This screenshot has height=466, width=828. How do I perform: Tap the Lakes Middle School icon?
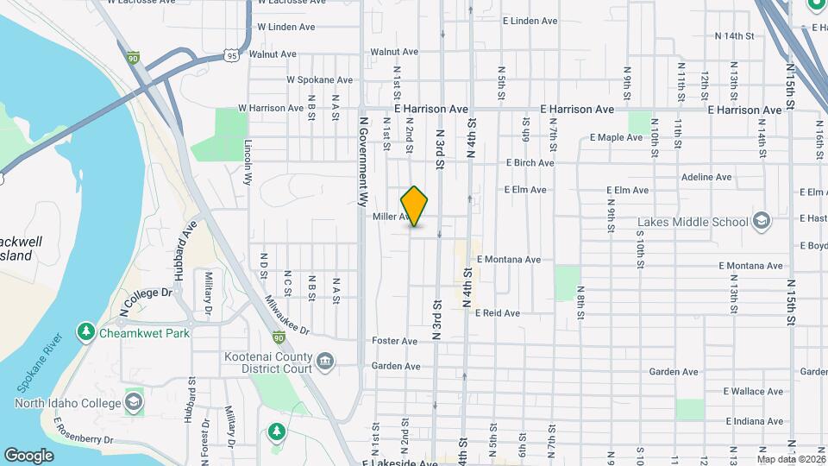click(x=761, y=221)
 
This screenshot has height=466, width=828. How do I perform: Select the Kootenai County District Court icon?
click(x=325, y=360)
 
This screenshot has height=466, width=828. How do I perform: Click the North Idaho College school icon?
click(x=134, y=400)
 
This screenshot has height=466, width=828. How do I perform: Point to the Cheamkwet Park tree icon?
click(x=85, y=331)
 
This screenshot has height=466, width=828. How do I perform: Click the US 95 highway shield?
click(x=232, y=55)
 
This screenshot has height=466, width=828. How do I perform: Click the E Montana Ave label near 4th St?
click(x=508, y=259)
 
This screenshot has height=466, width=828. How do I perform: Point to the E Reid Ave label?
click(x=498, y=313)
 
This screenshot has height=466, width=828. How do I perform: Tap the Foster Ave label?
click(x=394, y=341)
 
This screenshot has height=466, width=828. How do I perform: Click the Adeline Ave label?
click(x=706, y=177)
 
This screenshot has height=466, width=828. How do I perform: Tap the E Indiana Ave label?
click(x=754, y=421)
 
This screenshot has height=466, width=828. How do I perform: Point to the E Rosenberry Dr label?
click(x=85, y=431)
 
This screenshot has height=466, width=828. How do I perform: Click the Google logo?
click(x=28, y=455)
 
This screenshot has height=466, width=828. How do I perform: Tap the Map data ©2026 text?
click(x=791, y=459)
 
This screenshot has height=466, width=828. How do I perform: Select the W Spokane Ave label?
click(x=319, y=80)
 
